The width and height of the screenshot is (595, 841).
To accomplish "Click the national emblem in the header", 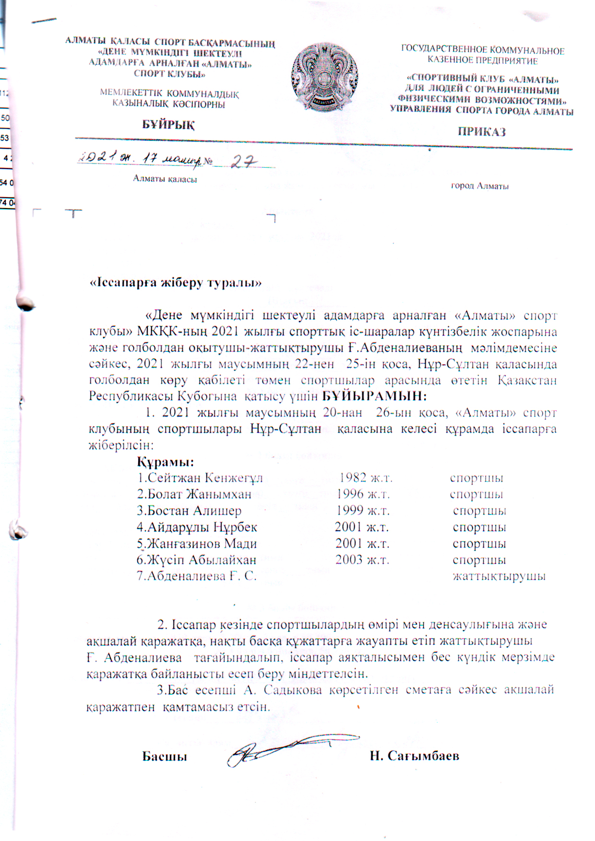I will pyautogui.click(x=325, y=76).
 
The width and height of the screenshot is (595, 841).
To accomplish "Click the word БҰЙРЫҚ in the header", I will pyautogui.click(x=168, y=125).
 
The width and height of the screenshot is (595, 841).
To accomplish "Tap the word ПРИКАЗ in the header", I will pyautogui.click(x=481, y=132).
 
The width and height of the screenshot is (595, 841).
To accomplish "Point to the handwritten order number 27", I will pyautogui.click(x=244, y=162).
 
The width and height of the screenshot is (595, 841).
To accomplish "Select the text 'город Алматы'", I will pyautogui.click(x=479, y=186).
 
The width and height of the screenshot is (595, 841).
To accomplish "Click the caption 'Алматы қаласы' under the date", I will pyautogui.click(x=165, y=179).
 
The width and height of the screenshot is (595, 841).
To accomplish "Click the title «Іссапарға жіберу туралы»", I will pyautogui.click(x=176, y=283).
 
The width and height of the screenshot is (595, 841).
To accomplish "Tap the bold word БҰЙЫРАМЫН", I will pyautogui.click(x=374, y=397).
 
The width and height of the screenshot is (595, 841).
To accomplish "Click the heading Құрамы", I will pyautogui.click(x=165, y=462).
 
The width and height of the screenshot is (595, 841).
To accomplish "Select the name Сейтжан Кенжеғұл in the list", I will pyautogui.click(x=200, y=478).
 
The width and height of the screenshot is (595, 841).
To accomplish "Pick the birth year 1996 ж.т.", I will pyautogui.click(x=363, y=494).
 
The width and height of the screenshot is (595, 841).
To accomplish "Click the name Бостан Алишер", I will pyautogui.click(x=189, y=511).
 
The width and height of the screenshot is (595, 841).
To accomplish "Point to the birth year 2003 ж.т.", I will pyautogui.click(x=362, y=560).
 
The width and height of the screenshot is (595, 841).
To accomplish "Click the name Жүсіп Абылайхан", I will pyautogui.click(x=196, y=560).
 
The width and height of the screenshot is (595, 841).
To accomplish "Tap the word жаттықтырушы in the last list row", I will pyautogui.click(x=499, y=576).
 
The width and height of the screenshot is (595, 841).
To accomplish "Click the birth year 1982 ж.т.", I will pyautogui.click(x=366, y=478).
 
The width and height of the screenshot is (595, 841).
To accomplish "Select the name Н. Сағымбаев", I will pyautogui.click(x=414, y=756).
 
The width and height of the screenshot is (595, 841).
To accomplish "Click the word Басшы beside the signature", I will pyautogui.click(x=165, y=756).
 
